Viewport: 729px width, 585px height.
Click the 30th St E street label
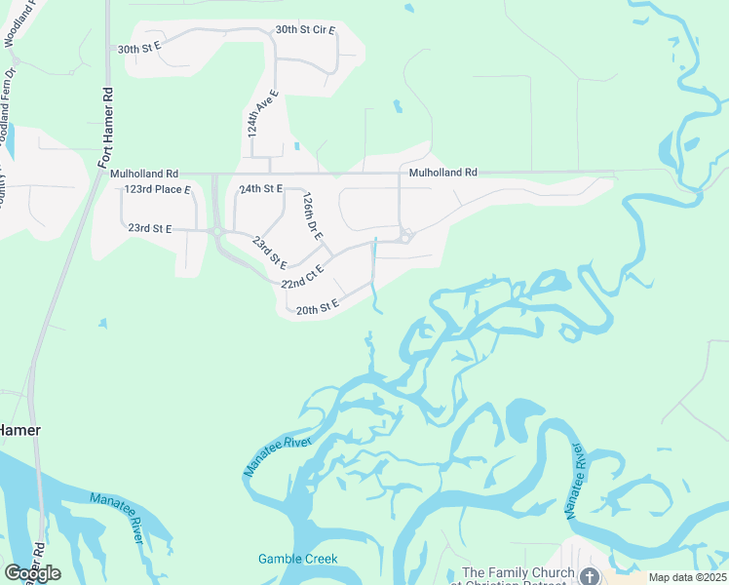coord(138,48)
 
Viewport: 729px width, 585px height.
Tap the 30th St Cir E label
coord(305,30)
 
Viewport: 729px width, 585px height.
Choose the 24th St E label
coord(260,188)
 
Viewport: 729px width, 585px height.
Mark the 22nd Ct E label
coord(301,278)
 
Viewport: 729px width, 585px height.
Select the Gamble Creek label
coord(297,559)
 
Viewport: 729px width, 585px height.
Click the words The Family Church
coord(516,572)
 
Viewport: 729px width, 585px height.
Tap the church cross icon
coord(590,577)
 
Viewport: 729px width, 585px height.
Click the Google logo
coord(33,572)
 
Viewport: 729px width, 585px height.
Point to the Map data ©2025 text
coord(687,577)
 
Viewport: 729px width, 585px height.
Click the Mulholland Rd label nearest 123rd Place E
coord(144,174)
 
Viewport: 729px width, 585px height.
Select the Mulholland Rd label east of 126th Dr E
coord(443,173)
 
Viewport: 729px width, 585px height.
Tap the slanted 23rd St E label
coord(270,252)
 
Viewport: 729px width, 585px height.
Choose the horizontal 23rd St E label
coord(150,228)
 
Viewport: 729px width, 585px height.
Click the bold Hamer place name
coord(19,430)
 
